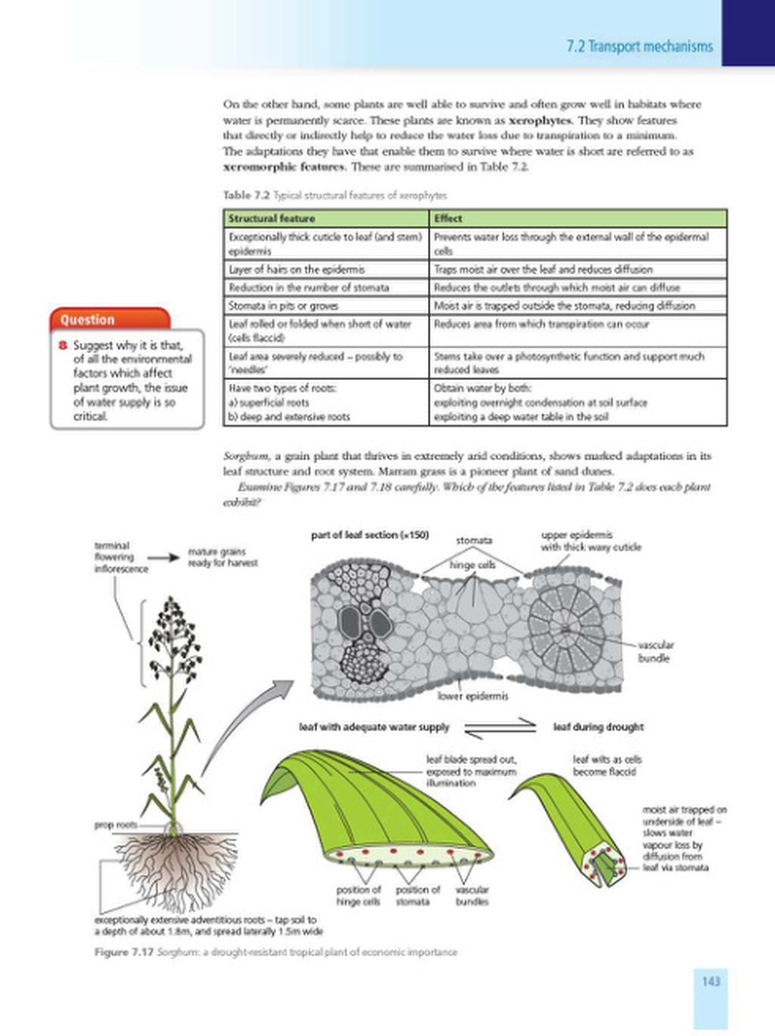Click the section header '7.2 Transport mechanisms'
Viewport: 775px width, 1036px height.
coord(639,47)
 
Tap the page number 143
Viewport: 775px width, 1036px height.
coord(710,981)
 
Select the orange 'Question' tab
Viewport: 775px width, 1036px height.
coord(109,320)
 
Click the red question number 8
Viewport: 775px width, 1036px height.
coord(63,345)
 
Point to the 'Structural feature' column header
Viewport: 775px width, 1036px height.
coord(271,219)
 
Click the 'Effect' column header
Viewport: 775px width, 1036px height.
coord(448,219)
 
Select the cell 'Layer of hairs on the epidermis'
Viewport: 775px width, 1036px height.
coord(296,269)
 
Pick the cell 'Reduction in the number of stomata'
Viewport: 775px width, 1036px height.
coord(308,288)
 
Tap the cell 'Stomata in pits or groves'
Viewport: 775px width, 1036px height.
coord(284,306)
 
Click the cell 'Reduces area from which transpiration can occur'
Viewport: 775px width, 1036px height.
coord(542,325)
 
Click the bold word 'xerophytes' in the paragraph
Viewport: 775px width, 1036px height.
coord(540,120)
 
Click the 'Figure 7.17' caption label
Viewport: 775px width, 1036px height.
coord(124,952)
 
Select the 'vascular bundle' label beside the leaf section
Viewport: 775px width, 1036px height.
coord(656,651)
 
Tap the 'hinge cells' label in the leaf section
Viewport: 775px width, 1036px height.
coord(473,565)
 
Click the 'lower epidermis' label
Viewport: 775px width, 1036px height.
coord(473,696)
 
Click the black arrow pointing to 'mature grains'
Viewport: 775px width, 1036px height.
coord(163,557)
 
